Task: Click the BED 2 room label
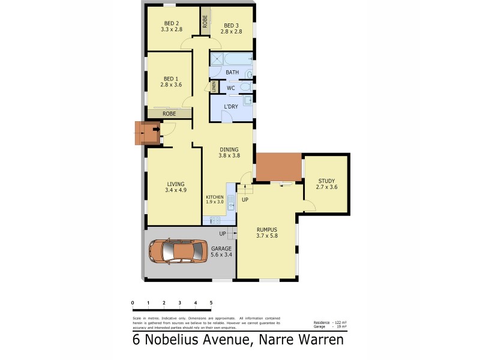point(172,23)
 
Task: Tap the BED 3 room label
point(232,25)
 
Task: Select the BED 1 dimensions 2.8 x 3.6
point(171,85)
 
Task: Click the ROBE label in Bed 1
point(169,113)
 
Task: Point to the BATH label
point(232,73)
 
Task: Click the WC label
point(230,88)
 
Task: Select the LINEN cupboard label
point(213,86)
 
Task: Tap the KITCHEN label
point(215,197)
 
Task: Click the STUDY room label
point(326,181)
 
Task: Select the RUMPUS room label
point(266,229)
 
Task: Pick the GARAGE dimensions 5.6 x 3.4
point(221,255)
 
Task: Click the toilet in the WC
point(245,88)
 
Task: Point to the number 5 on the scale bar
point(211,302)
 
